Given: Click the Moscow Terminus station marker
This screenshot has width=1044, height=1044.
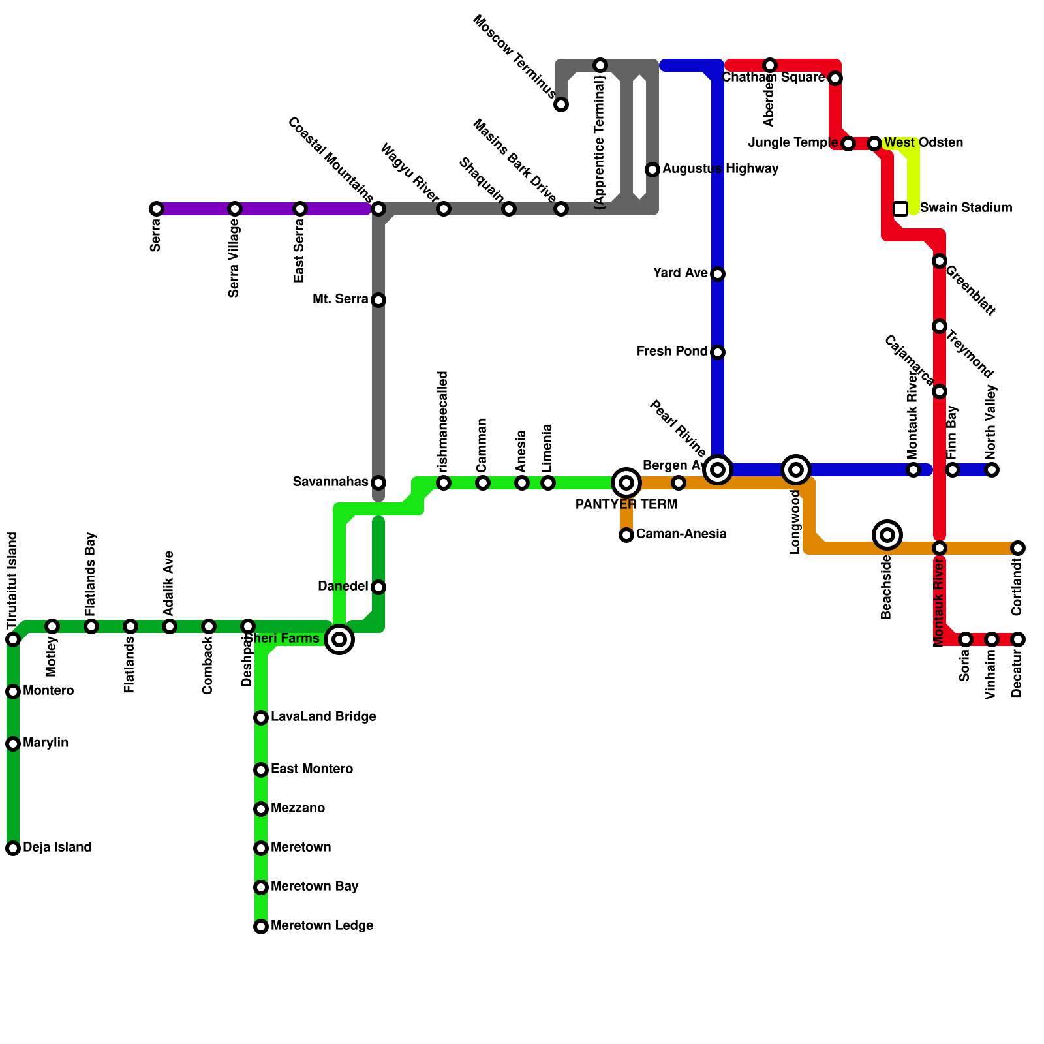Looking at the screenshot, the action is (561, 104).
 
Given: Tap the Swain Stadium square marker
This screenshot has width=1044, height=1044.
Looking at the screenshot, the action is (900, 209).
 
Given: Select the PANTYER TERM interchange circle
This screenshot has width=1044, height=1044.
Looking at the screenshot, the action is (626, 483).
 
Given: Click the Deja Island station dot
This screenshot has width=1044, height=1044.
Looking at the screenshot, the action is (13, 848).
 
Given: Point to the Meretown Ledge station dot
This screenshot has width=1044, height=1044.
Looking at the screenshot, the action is (261, 927).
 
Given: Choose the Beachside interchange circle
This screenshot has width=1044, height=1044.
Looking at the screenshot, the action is (887, 535).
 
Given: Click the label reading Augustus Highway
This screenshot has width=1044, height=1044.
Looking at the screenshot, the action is (720, 169).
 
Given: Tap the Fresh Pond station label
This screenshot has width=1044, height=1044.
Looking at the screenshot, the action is (672, 352).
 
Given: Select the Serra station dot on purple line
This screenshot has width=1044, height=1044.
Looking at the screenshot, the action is (157, 209).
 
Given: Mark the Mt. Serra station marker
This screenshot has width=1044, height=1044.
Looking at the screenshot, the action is (378, 300).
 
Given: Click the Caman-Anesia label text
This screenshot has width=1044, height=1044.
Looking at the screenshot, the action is (681, 534).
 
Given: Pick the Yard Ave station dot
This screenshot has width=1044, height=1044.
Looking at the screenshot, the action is (718, 274).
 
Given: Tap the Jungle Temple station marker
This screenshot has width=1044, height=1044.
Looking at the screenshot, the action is (848, 144).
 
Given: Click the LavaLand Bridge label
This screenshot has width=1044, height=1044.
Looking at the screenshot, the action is (323, 717).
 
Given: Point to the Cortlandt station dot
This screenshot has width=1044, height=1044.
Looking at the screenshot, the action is (1018, 548).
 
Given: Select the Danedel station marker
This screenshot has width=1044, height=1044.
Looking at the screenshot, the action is (378, 587).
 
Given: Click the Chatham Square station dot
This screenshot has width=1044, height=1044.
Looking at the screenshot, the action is (835, 78).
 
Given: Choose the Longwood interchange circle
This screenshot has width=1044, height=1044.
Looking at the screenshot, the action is (796, 470).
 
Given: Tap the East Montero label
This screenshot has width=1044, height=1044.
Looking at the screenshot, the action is (312, 769).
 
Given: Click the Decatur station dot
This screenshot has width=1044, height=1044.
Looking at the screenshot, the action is (1018, 639).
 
